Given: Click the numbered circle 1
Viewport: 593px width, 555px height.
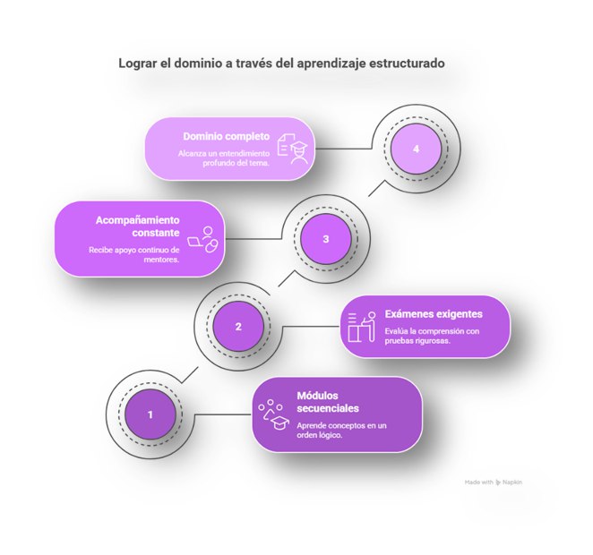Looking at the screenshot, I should [150, 414].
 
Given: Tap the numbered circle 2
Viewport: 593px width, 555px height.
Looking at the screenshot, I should [238, 326].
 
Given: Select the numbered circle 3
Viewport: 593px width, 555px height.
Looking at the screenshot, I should [326, 238].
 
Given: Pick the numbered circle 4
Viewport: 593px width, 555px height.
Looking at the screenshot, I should [416, 149].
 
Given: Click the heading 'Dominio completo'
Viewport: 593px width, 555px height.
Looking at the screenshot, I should [226, 137].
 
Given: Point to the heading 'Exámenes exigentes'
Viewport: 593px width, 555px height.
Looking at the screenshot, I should [434, 314].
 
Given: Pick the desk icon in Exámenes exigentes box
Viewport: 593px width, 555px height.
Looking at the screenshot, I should [361, 327].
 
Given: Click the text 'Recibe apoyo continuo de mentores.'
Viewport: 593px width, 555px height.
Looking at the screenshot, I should [133, 254].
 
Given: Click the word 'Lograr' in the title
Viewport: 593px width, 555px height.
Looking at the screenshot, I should [139, 64].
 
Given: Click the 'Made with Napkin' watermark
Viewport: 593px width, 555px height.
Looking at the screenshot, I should [494, 482].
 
